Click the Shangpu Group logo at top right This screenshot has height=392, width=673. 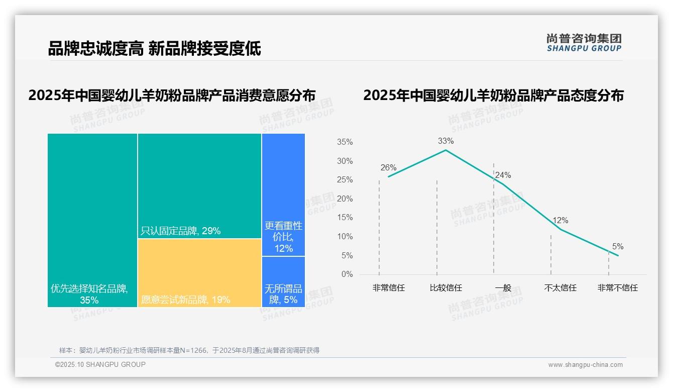coord(584,43)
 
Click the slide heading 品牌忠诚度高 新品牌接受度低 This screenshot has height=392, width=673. coord(154,48)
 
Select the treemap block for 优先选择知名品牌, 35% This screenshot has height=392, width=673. coord(92,220)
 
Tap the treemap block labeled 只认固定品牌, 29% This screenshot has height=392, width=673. coord(199,186)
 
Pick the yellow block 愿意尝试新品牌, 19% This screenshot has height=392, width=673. coord(199,272)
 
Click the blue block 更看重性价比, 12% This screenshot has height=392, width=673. coord(283,194)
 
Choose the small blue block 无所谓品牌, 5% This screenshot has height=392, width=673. coord(283,281)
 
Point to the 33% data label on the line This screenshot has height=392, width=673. coord(445,141)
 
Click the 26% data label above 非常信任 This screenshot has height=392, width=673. coord(388,167)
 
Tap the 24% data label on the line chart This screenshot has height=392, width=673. coord(503,175)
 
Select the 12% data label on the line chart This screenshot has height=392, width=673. coord(560,220)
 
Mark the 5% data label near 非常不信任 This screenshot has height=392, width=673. coord(618,246)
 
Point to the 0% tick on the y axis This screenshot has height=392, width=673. coord(347,274)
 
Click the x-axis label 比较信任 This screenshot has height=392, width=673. coord(445,288)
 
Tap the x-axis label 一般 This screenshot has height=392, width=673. coord(503,288)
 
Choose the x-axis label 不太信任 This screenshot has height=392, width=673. coord(560,288)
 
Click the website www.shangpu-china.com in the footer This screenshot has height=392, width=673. coord(585,364)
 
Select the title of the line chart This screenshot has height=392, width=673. coord(493,95)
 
